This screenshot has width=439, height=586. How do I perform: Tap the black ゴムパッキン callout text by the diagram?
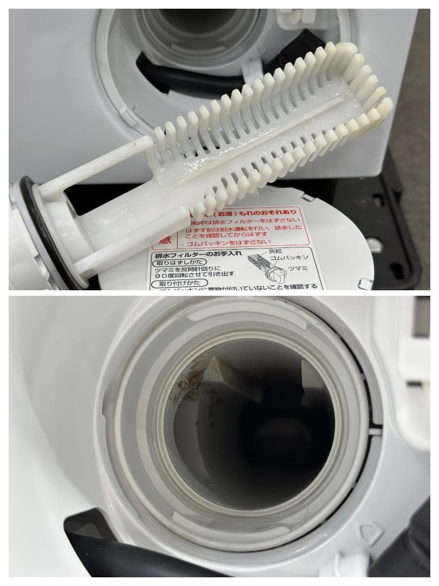(287, 259)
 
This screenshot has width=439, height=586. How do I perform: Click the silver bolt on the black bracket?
(374, 244)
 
